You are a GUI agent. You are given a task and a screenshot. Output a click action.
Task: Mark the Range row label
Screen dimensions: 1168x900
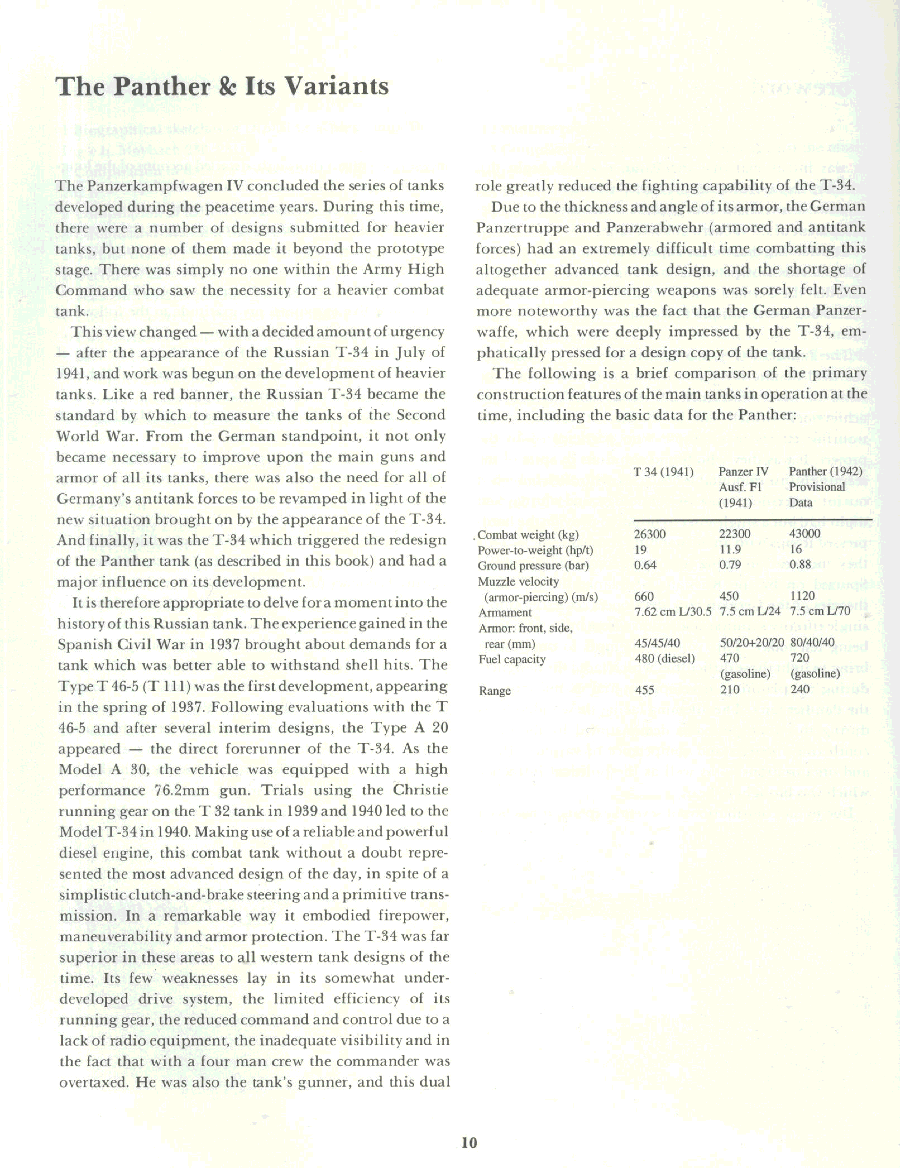(x=495, y=690)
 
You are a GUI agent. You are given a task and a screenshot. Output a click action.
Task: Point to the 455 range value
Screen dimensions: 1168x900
(x=645, y=690)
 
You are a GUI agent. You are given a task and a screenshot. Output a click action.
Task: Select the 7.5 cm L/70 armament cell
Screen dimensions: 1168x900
(x=819, y=612)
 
